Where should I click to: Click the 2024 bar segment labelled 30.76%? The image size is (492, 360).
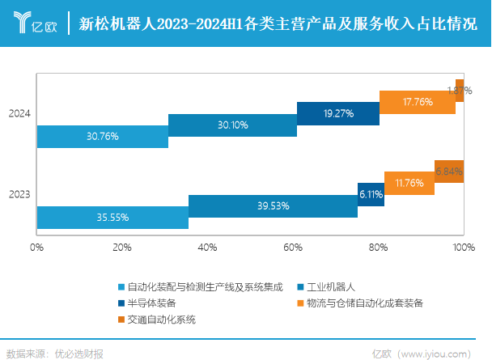[103, 137]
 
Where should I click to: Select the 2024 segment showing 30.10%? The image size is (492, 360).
[233, 125]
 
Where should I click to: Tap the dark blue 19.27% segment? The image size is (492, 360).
[338, 113]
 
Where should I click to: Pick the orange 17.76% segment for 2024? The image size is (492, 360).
[418, 102]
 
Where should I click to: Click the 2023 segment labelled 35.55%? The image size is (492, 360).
[112, 218]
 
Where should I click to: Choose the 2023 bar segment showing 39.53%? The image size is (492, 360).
[273, 206]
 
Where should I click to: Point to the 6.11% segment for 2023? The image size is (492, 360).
[371, 194]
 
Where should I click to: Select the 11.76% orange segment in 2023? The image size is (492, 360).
[409, 183]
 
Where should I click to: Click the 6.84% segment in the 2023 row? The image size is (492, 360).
[449, 172]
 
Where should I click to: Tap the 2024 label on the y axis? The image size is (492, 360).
[19, 114]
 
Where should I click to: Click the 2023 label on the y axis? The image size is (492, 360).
[19, 194]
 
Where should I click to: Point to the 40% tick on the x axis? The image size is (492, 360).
[207, 247]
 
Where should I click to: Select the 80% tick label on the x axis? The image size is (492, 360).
[378, 247]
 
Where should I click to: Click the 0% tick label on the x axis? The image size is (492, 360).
[36, 247]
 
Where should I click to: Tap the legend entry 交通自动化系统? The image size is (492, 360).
[162, 319]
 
